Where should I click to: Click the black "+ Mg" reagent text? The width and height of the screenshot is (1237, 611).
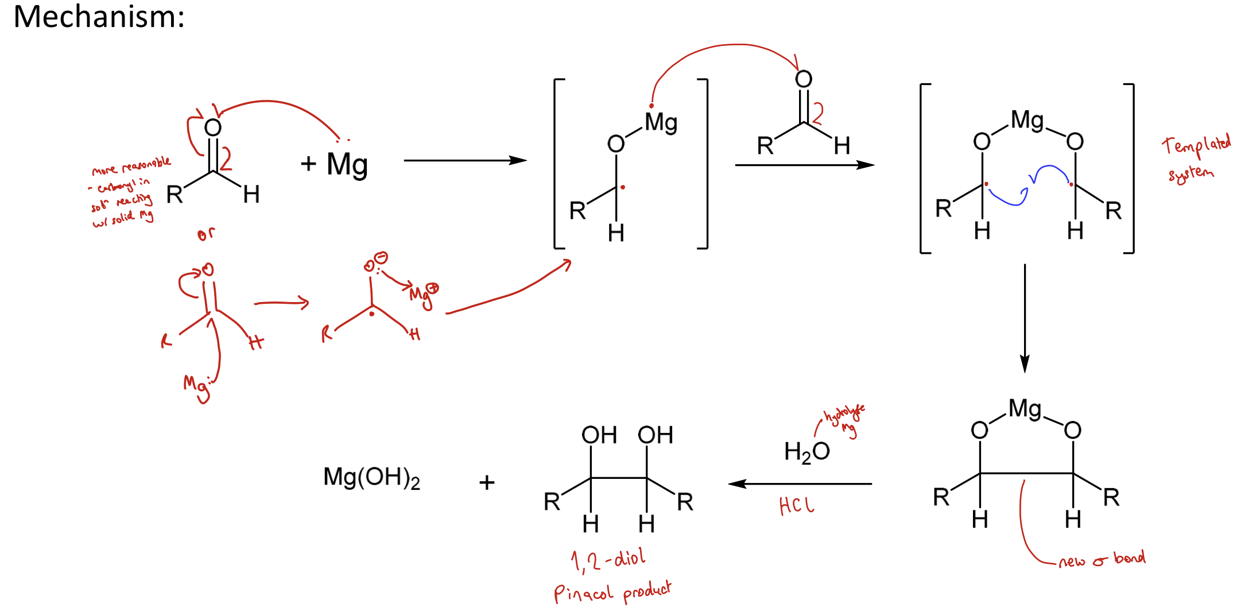coord(334,164)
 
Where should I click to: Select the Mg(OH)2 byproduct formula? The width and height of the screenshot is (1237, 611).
coord(371,478)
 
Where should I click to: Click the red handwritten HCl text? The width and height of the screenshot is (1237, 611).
coord(796,506)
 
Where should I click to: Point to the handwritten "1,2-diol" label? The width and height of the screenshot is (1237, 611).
coord(608,559)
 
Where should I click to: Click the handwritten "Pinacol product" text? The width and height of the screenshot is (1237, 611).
coord(612,591)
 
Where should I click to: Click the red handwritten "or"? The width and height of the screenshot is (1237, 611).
coord(206,234)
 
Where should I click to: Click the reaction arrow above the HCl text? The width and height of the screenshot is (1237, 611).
coord(800,484)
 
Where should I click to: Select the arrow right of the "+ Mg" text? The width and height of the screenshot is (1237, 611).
coord(465,161)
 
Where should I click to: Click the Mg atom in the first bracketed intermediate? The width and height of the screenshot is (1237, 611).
coord(661,123)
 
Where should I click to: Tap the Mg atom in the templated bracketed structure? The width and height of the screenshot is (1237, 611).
coord(1027,121)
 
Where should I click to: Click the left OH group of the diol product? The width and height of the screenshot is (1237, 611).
coord(599,435)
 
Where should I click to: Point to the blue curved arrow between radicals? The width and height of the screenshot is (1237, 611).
coord(1027,184)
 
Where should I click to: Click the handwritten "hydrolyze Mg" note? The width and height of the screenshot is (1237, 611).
coord(844,419)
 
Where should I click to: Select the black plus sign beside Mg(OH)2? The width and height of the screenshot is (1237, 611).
coord(487,482)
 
